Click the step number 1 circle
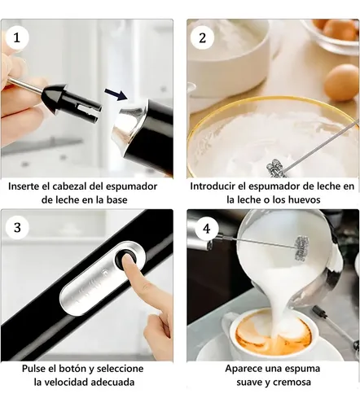17,37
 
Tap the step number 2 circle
202,37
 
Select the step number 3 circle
17,227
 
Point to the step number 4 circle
207,229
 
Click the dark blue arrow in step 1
116,94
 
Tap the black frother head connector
71,102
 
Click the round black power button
125,257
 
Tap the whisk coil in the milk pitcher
302,248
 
